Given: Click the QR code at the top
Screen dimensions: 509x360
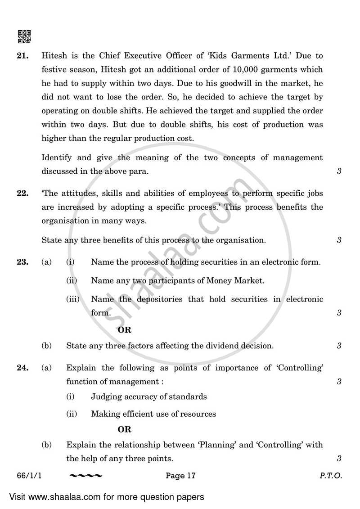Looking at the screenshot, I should click(24, 36).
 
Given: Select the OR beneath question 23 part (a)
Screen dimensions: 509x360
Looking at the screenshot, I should click(124, 330).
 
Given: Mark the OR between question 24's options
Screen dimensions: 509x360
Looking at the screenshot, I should click(124, 430).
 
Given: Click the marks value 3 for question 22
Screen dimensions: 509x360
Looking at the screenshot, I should click(339, 240).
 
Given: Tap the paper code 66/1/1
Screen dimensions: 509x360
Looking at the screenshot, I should click(30, 475).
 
